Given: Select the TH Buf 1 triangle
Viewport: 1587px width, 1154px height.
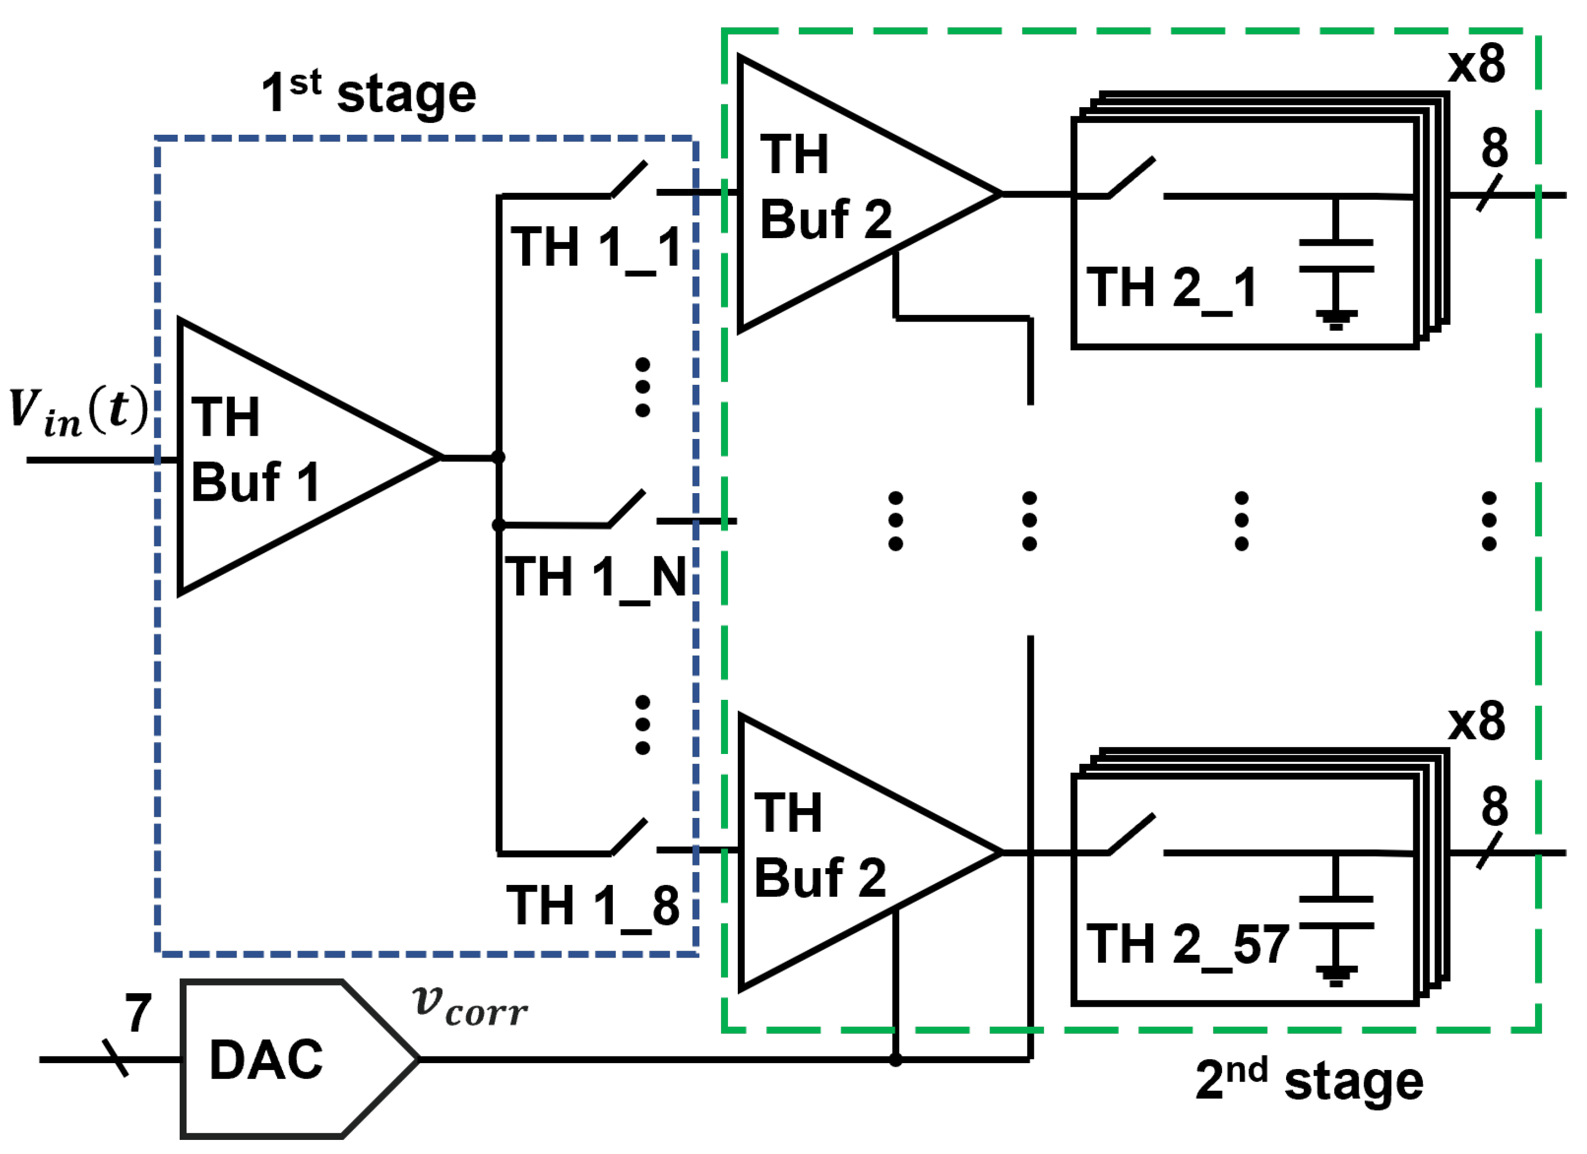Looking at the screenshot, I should (280, 458).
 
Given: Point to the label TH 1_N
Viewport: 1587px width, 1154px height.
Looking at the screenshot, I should (595, 578).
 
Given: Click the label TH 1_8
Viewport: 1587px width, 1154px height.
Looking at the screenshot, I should (593, 906).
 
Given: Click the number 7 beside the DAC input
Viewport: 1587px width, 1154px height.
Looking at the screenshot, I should (138, 1013).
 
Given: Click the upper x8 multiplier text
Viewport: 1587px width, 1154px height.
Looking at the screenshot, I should (1477, 64).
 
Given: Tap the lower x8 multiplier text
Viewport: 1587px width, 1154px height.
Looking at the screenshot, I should (1477, 722).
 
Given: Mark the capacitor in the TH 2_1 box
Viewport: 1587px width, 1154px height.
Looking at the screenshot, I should (1336, 256).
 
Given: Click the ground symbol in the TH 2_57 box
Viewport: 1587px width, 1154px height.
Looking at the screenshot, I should (1336, 975).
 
